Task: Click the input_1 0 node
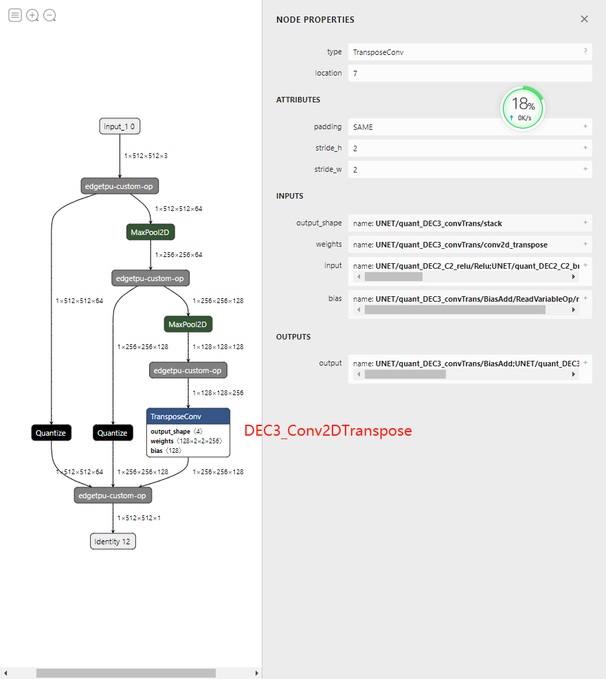pos(120,126)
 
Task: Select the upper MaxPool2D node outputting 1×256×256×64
pos(150,232)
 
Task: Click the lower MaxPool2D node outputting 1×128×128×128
pos(188,324)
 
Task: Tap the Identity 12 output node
pos(113,542)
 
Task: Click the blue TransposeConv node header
pos(188,416)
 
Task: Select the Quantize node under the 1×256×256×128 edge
pos(112,433)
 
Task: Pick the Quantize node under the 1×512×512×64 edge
pos(51,433)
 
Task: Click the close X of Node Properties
pos(584,19)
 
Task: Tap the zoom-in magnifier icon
pos(32,15)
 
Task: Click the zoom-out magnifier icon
pos(49,15)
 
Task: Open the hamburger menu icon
pos(14,15)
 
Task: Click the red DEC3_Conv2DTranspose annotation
pos(328,431)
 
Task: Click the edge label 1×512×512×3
pos(146,156)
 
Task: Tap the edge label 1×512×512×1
pos(139,517)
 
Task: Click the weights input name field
pos(464,245)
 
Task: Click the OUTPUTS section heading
pos(293,337)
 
